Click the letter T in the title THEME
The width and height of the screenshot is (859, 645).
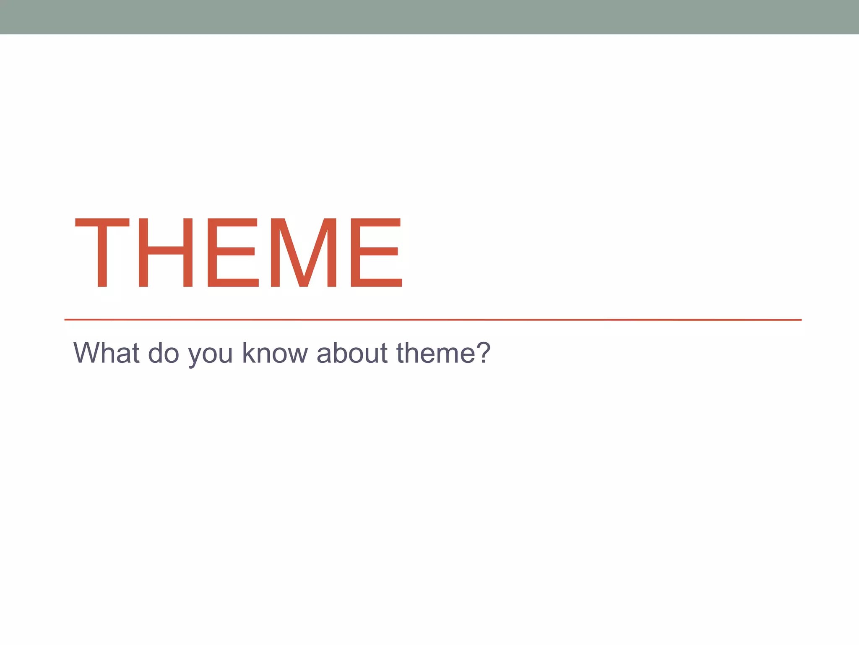tap(102, 253)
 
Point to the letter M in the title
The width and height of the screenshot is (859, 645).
tap(304, 253)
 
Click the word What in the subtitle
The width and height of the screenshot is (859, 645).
tap(107, 353)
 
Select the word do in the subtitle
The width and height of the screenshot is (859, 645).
tap(164, 353)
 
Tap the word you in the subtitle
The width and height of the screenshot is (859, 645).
tap(211, 355)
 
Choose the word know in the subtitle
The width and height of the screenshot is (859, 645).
tap(275, 353)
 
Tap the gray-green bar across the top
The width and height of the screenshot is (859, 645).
tap(429, 17)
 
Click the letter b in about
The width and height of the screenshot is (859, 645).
tap(338, 353)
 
